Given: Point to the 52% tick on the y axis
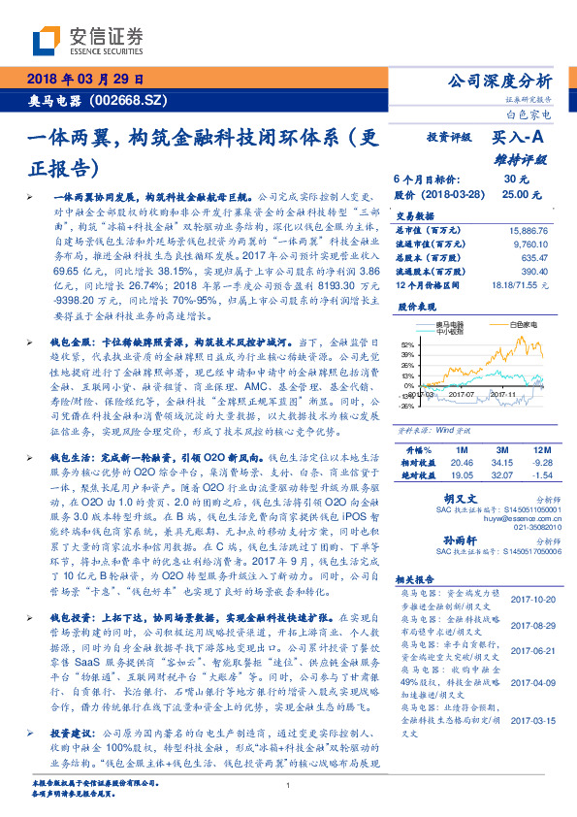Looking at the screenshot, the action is tap(405, 344).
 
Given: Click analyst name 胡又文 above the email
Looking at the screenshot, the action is tap(445, 495).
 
